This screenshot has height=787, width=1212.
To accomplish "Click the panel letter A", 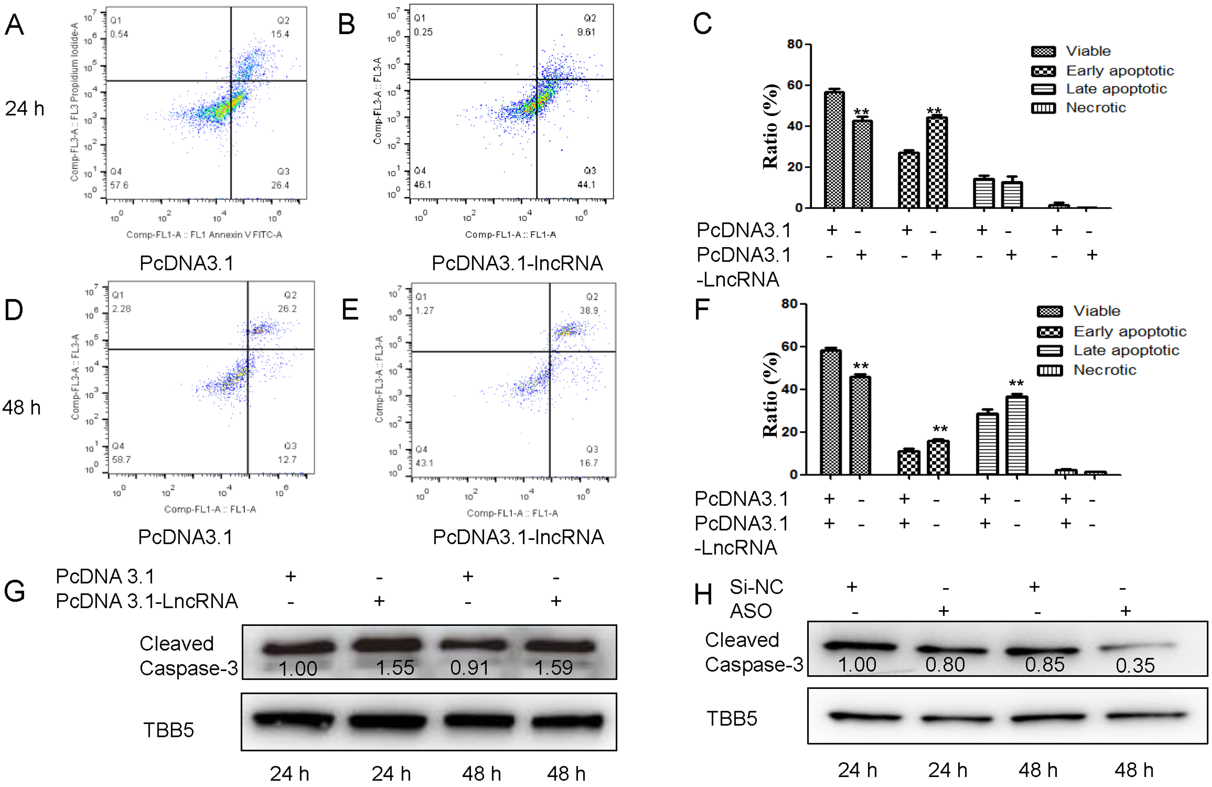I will (14, 24).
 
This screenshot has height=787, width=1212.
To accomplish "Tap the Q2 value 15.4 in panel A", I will (280, 34).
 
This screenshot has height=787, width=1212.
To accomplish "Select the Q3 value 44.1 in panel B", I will (586, 184).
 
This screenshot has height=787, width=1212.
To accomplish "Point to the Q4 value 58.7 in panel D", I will (121, 459).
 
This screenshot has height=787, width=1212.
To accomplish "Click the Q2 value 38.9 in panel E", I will (589, 310).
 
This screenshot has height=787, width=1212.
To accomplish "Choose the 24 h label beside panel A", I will (24, 109).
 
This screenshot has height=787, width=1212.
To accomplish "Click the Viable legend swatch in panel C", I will (1043, 51).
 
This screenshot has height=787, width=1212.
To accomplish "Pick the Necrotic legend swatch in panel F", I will (1049, 370).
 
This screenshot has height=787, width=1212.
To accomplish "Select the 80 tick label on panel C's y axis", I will (795, 44).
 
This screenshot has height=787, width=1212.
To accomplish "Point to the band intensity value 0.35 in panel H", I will (1135, 665).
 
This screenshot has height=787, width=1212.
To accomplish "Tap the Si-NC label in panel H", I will (756, 587).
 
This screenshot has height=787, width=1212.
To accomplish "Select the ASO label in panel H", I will (751, 611).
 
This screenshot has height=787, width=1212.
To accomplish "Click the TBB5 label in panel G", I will (168, 730).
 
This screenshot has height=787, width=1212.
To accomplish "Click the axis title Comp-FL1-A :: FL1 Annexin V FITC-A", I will (204, 235).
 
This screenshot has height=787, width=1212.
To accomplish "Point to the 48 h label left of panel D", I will (21, 407).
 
